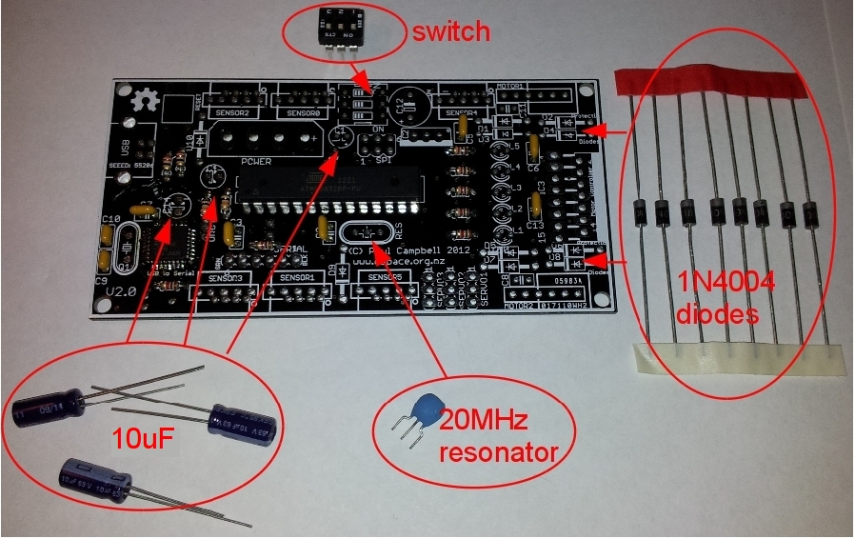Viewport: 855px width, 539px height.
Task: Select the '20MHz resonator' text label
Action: [x=494, y=436]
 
